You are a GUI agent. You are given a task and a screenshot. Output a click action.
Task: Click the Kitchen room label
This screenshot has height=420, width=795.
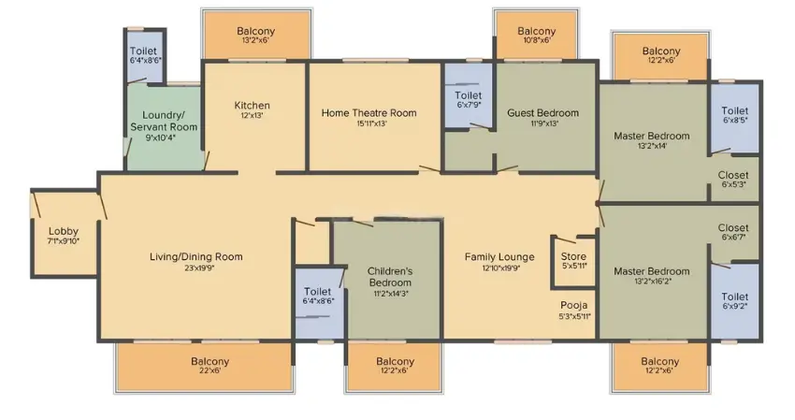click(252, 106)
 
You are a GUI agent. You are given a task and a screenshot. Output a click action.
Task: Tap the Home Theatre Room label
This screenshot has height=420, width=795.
click(369, 112)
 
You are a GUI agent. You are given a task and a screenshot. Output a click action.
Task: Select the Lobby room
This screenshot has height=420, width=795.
click(65, 235)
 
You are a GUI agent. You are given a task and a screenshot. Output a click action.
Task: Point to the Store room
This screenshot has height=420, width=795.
click(573, 261)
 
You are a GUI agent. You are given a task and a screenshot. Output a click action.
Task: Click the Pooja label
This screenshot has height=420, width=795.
click(574, 305)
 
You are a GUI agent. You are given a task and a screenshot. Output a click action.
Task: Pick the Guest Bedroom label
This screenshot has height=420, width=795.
click(543, 112)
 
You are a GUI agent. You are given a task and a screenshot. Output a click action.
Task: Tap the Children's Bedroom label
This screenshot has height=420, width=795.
click(390, 277)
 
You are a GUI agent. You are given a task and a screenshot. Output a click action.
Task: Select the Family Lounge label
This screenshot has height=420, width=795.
click(499, 256)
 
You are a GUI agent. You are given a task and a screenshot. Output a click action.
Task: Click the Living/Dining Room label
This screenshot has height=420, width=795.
click(196, 256)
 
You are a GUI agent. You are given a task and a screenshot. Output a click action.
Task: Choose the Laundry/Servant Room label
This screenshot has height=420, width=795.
click(164, 121)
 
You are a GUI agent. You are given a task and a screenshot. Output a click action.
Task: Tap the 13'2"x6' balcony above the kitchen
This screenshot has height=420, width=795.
click(256, 35)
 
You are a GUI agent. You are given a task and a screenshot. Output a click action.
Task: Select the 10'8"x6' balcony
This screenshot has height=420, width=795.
click(537, 35)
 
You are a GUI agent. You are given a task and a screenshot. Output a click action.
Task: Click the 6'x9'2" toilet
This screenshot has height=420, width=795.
click(734, 300)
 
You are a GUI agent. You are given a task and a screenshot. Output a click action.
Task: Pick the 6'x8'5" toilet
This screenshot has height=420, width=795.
click(734, 115)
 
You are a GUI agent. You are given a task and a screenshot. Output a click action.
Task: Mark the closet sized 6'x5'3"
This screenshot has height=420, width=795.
click(733, 179)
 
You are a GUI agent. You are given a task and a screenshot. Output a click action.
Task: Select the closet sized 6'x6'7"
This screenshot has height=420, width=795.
click(733, 232)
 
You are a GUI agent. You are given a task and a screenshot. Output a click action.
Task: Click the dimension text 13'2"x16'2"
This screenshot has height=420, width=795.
click(652, 281)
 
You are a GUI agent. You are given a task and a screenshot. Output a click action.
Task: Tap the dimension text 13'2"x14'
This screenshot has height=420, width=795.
click(652, 146)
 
